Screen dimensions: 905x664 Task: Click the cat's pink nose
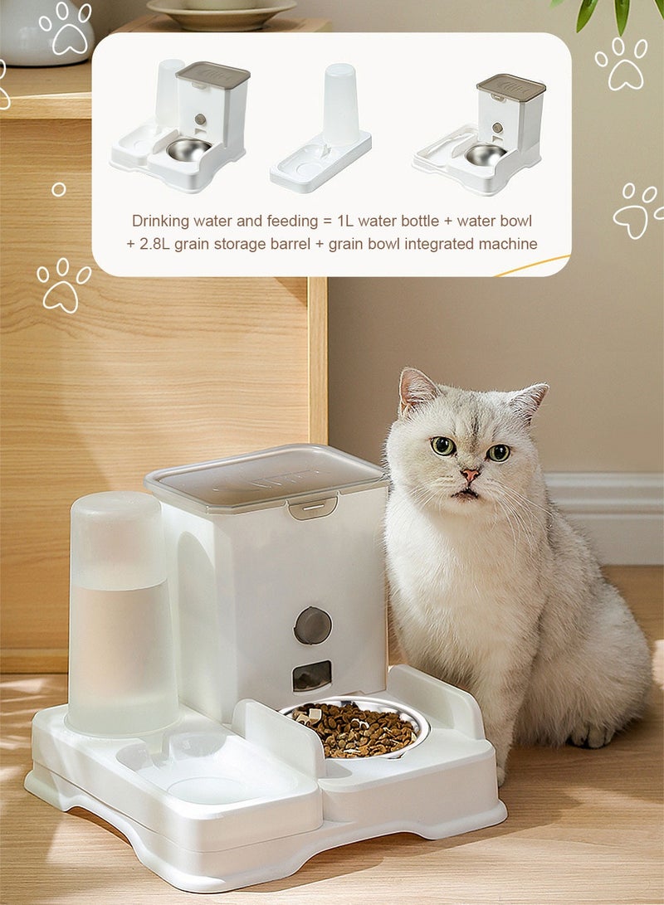pos(471,475)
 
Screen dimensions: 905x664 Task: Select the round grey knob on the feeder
pos(313,625)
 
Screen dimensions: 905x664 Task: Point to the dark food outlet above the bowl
pos(312,675)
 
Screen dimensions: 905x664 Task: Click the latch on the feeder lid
pos(312,507)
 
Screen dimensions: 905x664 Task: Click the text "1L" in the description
pos(348,221)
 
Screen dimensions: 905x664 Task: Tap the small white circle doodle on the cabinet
pos(58,189)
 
